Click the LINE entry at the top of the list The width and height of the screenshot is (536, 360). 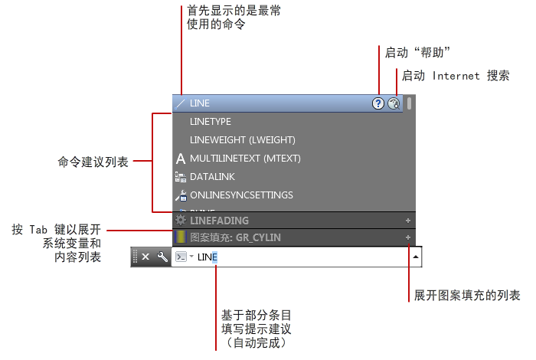click(x=200, y=103)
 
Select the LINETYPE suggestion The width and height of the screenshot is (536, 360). click(x=211, y=122)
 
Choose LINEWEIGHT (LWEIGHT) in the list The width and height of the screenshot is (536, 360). click(x=242, y=140)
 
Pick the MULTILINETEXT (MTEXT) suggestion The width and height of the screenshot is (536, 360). click(x=245, y=159)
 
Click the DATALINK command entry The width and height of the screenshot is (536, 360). click(x=212, y=177)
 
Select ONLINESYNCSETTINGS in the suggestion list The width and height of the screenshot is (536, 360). click(x=241, y=195)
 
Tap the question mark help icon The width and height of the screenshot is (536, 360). click(x=378, y=103)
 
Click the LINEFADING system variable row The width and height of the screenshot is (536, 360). click(x=219, y=221)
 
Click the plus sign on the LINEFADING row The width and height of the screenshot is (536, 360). click(x=408, y=221)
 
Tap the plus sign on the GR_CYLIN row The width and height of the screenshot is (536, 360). click(x=408, y=237)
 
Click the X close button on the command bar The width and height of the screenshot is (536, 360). click(x=146, y=257)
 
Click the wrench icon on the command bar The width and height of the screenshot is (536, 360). click(x=162, y=257)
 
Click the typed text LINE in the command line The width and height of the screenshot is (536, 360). click(x=208, y=257)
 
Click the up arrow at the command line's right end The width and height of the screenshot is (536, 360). click(x=415, y=257)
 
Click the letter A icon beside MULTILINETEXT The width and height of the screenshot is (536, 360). click(x=181, y=159)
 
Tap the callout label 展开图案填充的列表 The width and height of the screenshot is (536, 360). click(x=468, y=296)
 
